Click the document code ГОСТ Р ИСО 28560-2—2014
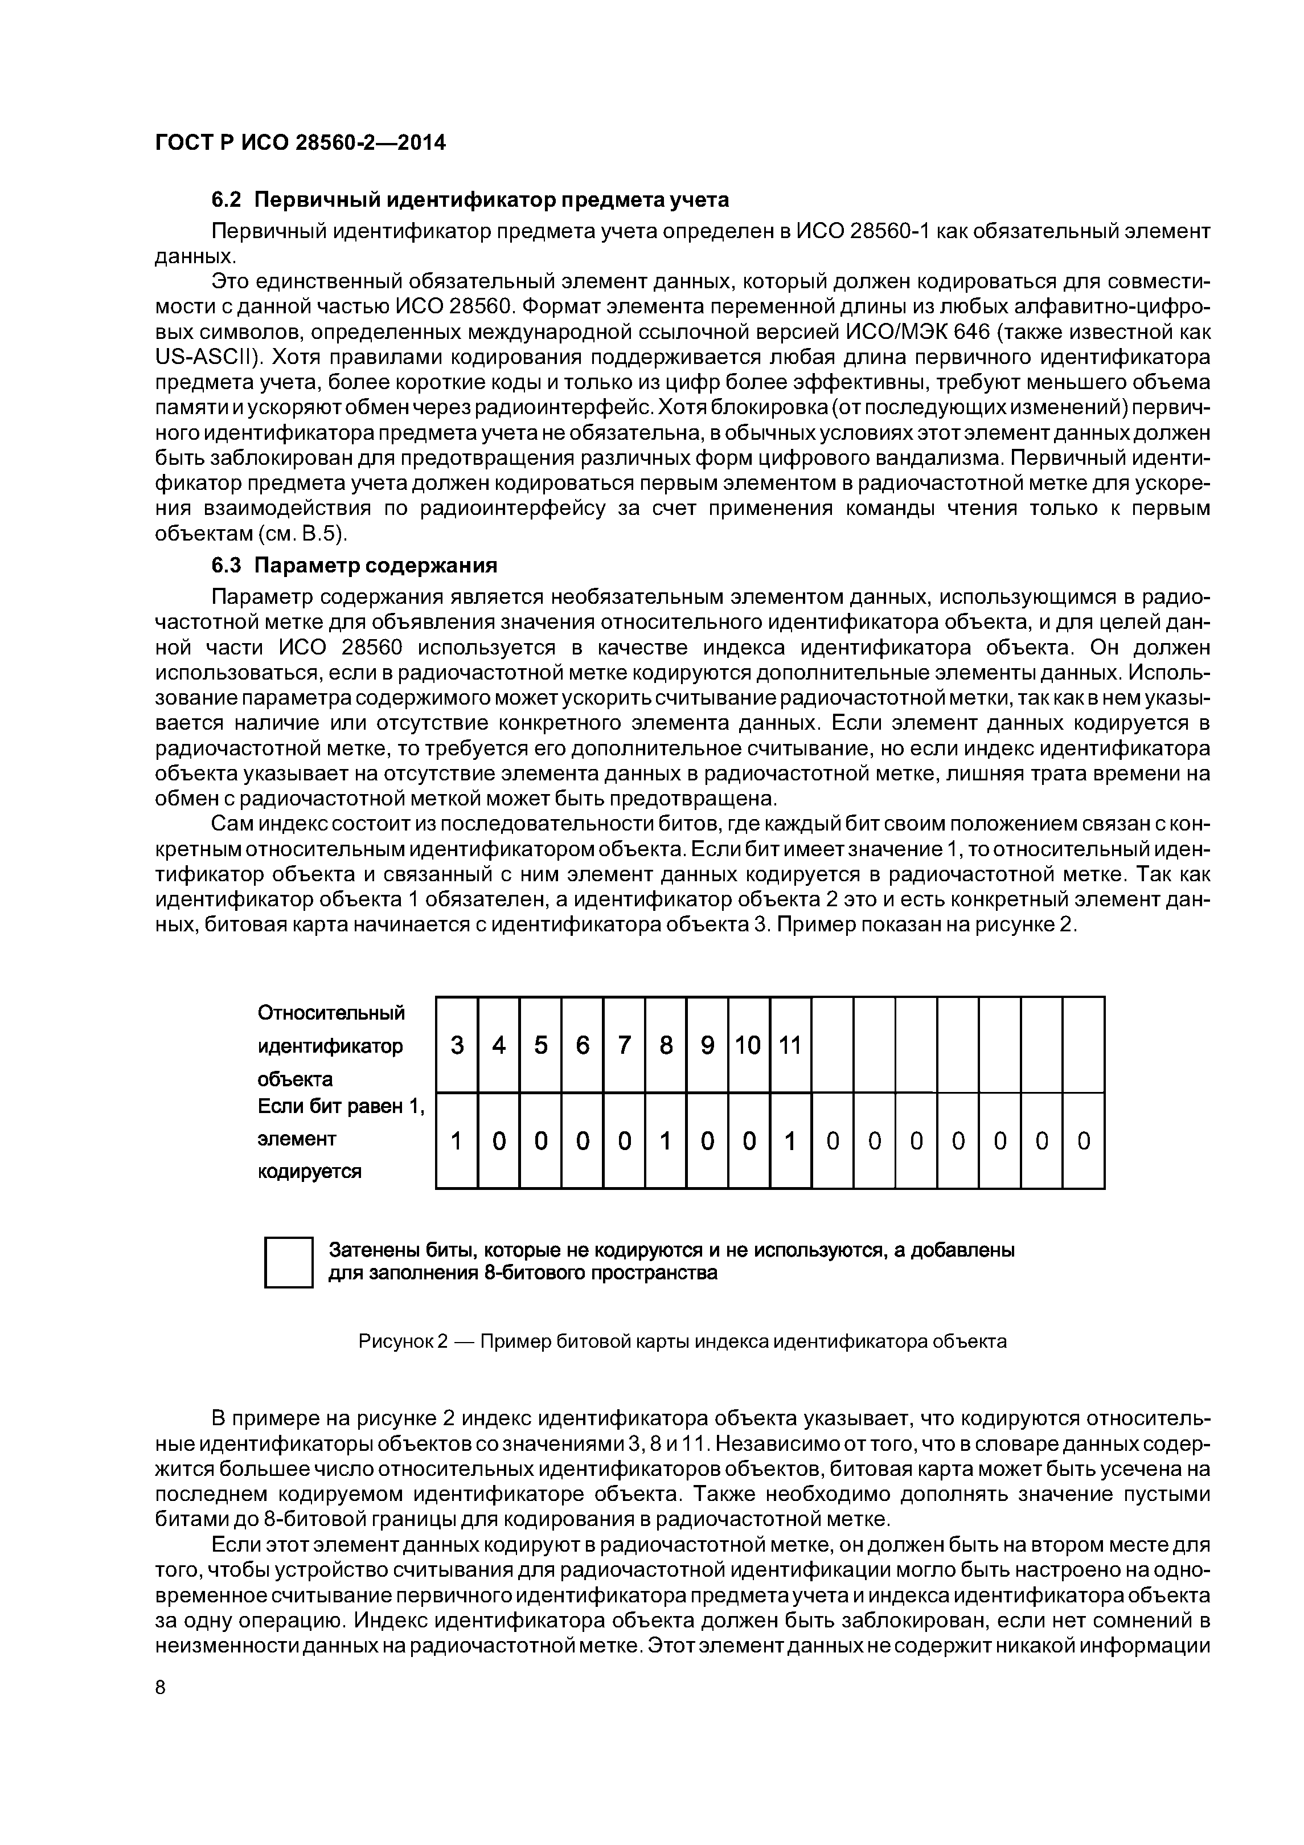point(300,142)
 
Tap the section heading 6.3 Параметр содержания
point(354,566)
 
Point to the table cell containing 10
point(748,1045)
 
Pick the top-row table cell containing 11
point(790,1045)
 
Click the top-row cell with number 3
point(457,1045)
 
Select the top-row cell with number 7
point(624,1045)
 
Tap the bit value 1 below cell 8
point(665,1141)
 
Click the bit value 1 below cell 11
point(790,1141)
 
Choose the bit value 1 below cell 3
point(457,1141)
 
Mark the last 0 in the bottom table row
point(1083,1141)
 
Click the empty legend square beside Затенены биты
point(289,1262)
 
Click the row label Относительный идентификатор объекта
point(331,1045)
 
